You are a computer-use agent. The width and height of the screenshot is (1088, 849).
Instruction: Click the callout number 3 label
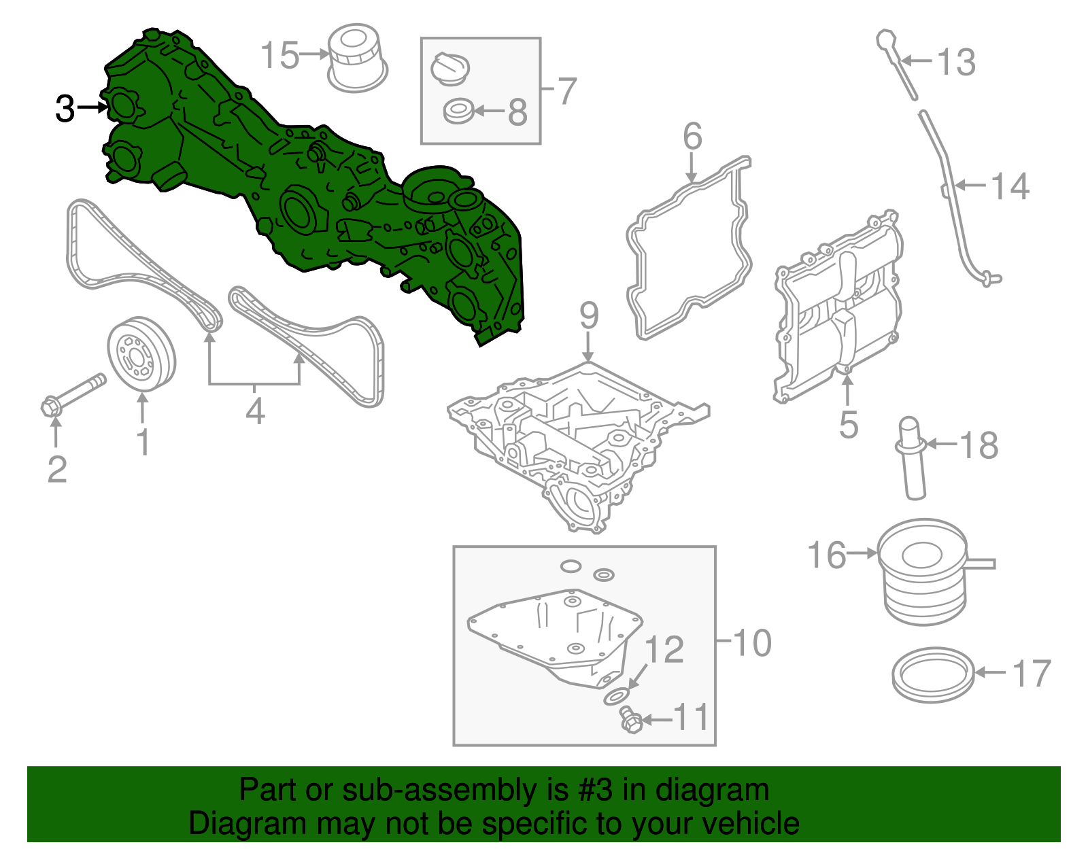tap(65, 108)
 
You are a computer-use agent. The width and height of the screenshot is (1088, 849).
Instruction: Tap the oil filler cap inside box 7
tap(449, 69)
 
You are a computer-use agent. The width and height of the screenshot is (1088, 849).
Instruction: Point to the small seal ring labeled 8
tap(458, 111)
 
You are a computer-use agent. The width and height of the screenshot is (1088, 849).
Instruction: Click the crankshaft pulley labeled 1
tap(141, 353)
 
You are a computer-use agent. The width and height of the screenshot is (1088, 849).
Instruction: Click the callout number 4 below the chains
tap(254, 411)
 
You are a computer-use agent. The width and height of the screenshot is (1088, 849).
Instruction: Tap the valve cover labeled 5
tap(840, 306)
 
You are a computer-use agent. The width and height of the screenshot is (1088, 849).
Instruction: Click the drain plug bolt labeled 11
tap(630, 720)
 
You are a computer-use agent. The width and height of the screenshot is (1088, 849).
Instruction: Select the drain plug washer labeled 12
tap(616, 697)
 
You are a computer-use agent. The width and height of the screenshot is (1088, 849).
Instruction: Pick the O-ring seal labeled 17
tap(932, 674)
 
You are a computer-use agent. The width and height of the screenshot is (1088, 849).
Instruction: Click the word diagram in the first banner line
tap(712, 790)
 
